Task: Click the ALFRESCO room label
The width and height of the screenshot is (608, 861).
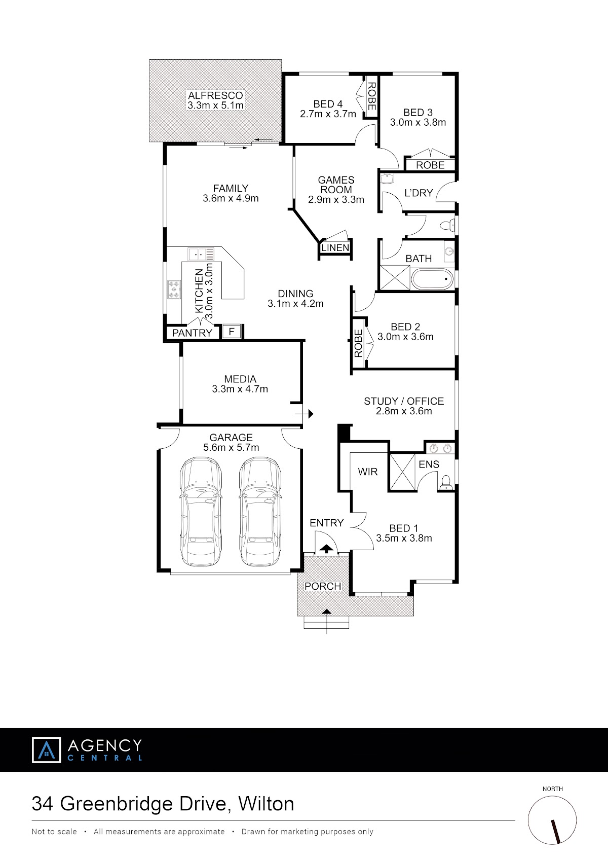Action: [215, 95]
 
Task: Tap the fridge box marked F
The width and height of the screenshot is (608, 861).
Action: [232, 331]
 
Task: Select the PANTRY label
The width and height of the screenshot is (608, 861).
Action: [192, 333]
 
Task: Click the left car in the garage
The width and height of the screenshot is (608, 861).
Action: [201, 511]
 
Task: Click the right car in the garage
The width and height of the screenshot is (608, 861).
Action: [260, 511]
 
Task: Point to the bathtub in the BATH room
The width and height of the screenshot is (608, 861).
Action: [432, 279]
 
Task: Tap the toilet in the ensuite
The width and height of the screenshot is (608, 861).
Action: [445, 483]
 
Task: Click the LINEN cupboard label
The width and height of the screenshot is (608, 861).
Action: [335, 248]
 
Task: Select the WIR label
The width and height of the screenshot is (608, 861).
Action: [367, 472]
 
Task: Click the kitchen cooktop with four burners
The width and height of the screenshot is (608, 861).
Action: [174, 289]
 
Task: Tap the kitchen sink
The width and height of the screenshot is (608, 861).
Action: [201, 254]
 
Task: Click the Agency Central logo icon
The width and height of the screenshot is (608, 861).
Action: [47, 749]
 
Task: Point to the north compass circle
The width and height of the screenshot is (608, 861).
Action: [552, 820]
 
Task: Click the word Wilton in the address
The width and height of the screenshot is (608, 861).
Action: [266, 804]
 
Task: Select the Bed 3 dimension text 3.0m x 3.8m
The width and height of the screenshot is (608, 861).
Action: [418, 122]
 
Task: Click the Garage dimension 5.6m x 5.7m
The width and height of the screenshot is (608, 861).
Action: [231, 447]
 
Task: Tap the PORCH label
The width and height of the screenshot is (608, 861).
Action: [323, 586]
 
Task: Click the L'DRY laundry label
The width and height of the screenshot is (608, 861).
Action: [419, 193]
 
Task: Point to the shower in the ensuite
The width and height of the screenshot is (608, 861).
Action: [402, 473]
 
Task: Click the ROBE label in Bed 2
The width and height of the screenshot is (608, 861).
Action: [358, 343]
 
